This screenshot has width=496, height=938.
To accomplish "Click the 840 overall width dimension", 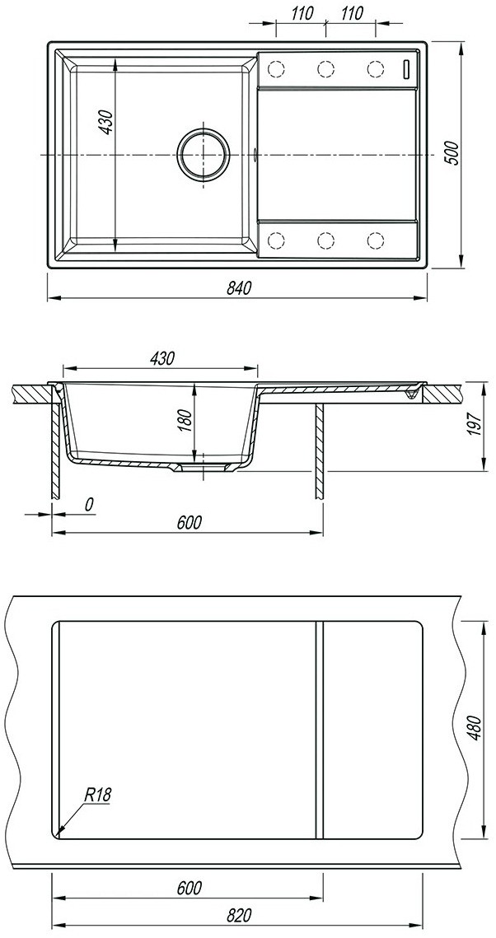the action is pyautogui.click(x=237, y=287).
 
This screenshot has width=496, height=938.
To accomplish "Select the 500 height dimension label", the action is pyautogui.click(x=453, y=154).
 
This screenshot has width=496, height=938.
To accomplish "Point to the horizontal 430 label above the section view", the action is pyautogui.click(x=161, y=358).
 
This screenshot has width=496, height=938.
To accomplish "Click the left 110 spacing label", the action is pyautogui.click(x=303, y=13).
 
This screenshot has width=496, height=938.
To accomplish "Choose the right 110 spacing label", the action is pyautogui.click(x=352, y=13).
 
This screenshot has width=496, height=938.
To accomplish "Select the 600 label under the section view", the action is pyautogui.click(x=189, y=522).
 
